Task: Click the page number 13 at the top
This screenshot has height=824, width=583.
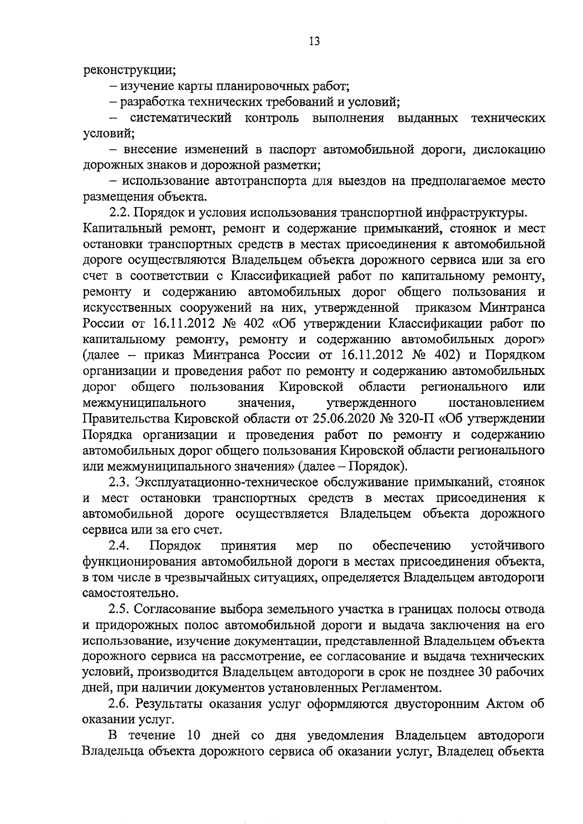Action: tap(314, 41)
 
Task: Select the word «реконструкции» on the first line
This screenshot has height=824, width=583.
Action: tap(129, 71)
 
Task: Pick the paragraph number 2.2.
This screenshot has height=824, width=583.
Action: tap(120, 213)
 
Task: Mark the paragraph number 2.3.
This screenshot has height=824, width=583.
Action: tap(120, 482)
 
